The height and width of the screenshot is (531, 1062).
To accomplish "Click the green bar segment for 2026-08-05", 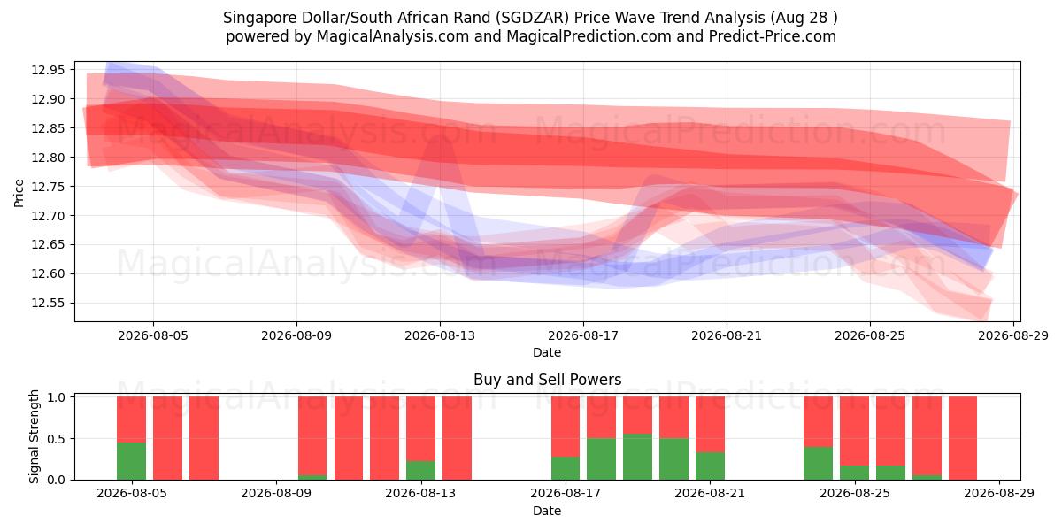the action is [131, 461].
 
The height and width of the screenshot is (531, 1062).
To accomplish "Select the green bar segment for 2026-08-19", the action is [637, 457].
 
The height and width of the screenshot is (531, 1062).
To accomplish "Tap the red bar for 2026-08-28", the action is [963, 438].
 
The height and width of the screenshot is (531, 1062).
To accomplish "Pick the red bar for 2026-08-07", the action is [204, 438].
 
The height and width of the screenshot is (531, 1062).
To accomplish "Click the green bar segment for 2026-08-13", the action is [420, 470].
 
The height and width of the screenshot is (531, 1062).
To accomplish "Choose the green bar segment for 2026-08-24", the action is [818, 463].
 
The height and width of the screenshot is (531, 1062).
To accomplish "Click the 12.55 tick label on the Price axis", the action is [47, 303].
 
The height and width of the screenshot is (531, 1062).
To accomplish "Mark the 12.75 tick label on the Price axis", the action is [47, 187].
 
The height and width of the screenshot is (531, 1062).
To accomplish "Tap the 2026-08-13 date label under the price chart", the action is [440, 335].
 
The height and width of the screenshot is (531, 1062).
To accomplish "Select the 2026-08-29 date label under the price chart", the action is [1013, 335].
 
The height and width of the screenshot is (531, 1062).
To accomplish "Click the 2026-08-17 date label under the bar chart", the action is [566, 494].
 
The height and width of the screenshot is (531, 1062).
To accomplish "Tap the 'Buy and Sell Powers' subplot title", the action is [547, 380].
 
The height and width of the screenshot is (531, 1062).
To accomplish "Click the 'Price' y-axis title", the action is [19, 193].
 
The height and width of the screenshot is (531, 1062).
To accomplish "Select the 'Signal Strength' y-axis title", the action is [34, 436].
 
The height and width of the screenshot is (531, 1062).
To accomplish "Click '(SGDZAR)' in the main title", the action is [535, 18].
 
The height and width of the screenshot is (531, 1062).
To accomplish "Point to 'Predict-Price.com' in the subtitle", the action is [773, 36].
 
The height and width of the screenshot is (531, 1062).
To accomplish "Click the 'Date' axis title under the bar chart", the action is [547, 511].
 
